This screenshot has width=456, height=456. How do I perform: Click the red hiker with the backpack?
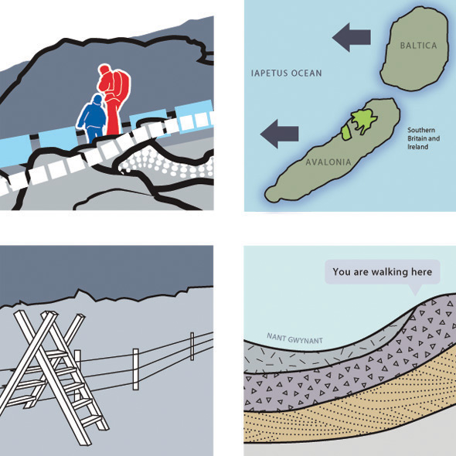click(x=112, y=99)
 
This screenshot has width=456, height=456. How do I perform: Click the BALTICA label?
click(x=418, y=46)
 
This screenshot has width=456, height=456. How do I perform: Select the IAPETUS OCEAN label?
click(x=287, y=73)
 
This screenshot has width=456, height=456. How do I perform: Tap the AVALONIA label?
click(x=328, y=162)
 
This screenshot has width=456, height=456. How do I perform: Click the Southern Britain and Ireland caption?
click(x=424, y=138)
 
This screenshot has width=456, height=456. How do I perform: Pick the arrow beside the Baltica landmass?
click(x=352, y=37)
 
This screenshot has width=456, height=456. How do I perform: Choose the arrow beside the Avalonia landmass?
click(x=279, y=134)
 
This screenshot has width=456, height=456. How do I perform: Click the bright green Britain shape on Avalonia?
click(x=363, y=119)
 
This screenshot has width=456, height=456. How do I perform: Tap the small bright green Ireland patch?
click(x=346, y=133)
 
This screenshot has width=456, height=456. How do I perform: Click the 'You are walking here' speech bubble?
click(x=382, y=272)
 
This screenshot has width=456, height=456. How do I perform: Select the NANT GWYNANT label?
click(x=294, y=339)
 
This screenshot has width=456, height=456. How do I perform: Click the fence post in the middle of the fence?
click(x=136, y=369)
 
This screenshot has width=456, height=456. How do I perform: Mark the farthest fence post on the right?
click(x=192, y=346)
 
